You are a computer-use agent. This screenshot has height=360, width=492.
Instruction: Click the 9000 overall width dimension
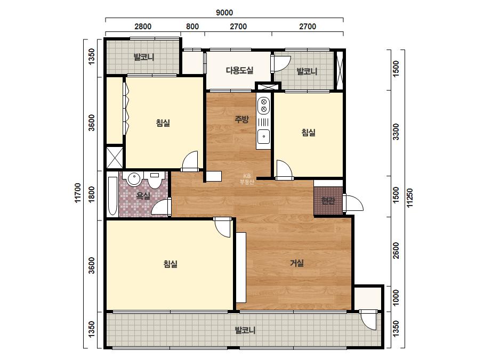[224, 13]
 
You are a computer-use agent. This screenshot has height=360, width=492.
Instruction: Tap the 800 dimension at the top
[192, 26]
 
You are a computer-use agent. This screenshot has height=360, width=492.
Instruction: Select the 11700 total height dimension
[78, 193]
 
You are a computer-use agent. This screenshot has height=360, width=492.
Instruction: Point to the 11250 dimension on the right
[410, 198]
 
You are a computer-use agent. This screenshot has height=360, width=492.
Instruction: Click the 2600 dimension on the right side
[396, 250]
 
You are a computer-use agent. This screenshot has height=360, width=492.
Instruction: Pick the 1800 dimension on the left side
[91, 194]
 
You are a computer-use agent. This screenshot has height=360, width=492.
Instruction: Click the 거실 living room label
[296, 263]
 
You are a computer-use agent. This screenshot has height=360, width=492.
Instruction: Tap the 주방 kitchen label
[242, 119]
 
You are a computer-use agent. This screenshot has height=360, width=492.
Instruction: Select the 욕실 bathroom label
[143, 196]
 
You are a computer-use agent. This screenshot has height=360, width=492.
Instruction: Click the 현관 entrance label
[328, 200]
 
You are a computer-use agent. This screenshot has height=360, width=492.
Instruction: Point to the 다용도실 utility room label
[240, 70]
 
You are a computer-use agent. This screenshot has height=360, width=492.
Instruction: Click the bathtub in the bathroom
[112, 196]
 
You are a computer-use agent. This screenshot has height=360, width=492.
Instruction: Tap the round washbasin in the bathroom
[134, 179]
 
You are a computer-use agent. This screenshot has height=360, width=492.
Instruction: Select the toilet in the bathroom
[155, 180]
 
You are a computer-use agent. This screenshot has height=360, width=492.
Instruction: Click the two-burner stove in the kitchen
[263, 105]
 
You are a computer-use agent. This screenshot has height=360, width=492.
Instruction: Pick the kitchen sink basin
[263, 136]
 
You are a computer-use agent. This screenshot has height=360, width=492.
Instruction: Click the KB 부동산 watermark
[247, 179]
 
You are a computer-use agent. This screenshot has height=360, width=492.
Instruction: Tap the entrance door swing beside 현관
[353, 203]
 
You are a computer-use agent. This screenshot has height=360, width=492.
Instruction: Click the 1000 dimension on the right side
[396, 298]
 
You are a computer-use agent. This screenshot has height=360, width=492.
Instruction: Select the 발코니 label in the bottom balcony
[245, 330]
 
